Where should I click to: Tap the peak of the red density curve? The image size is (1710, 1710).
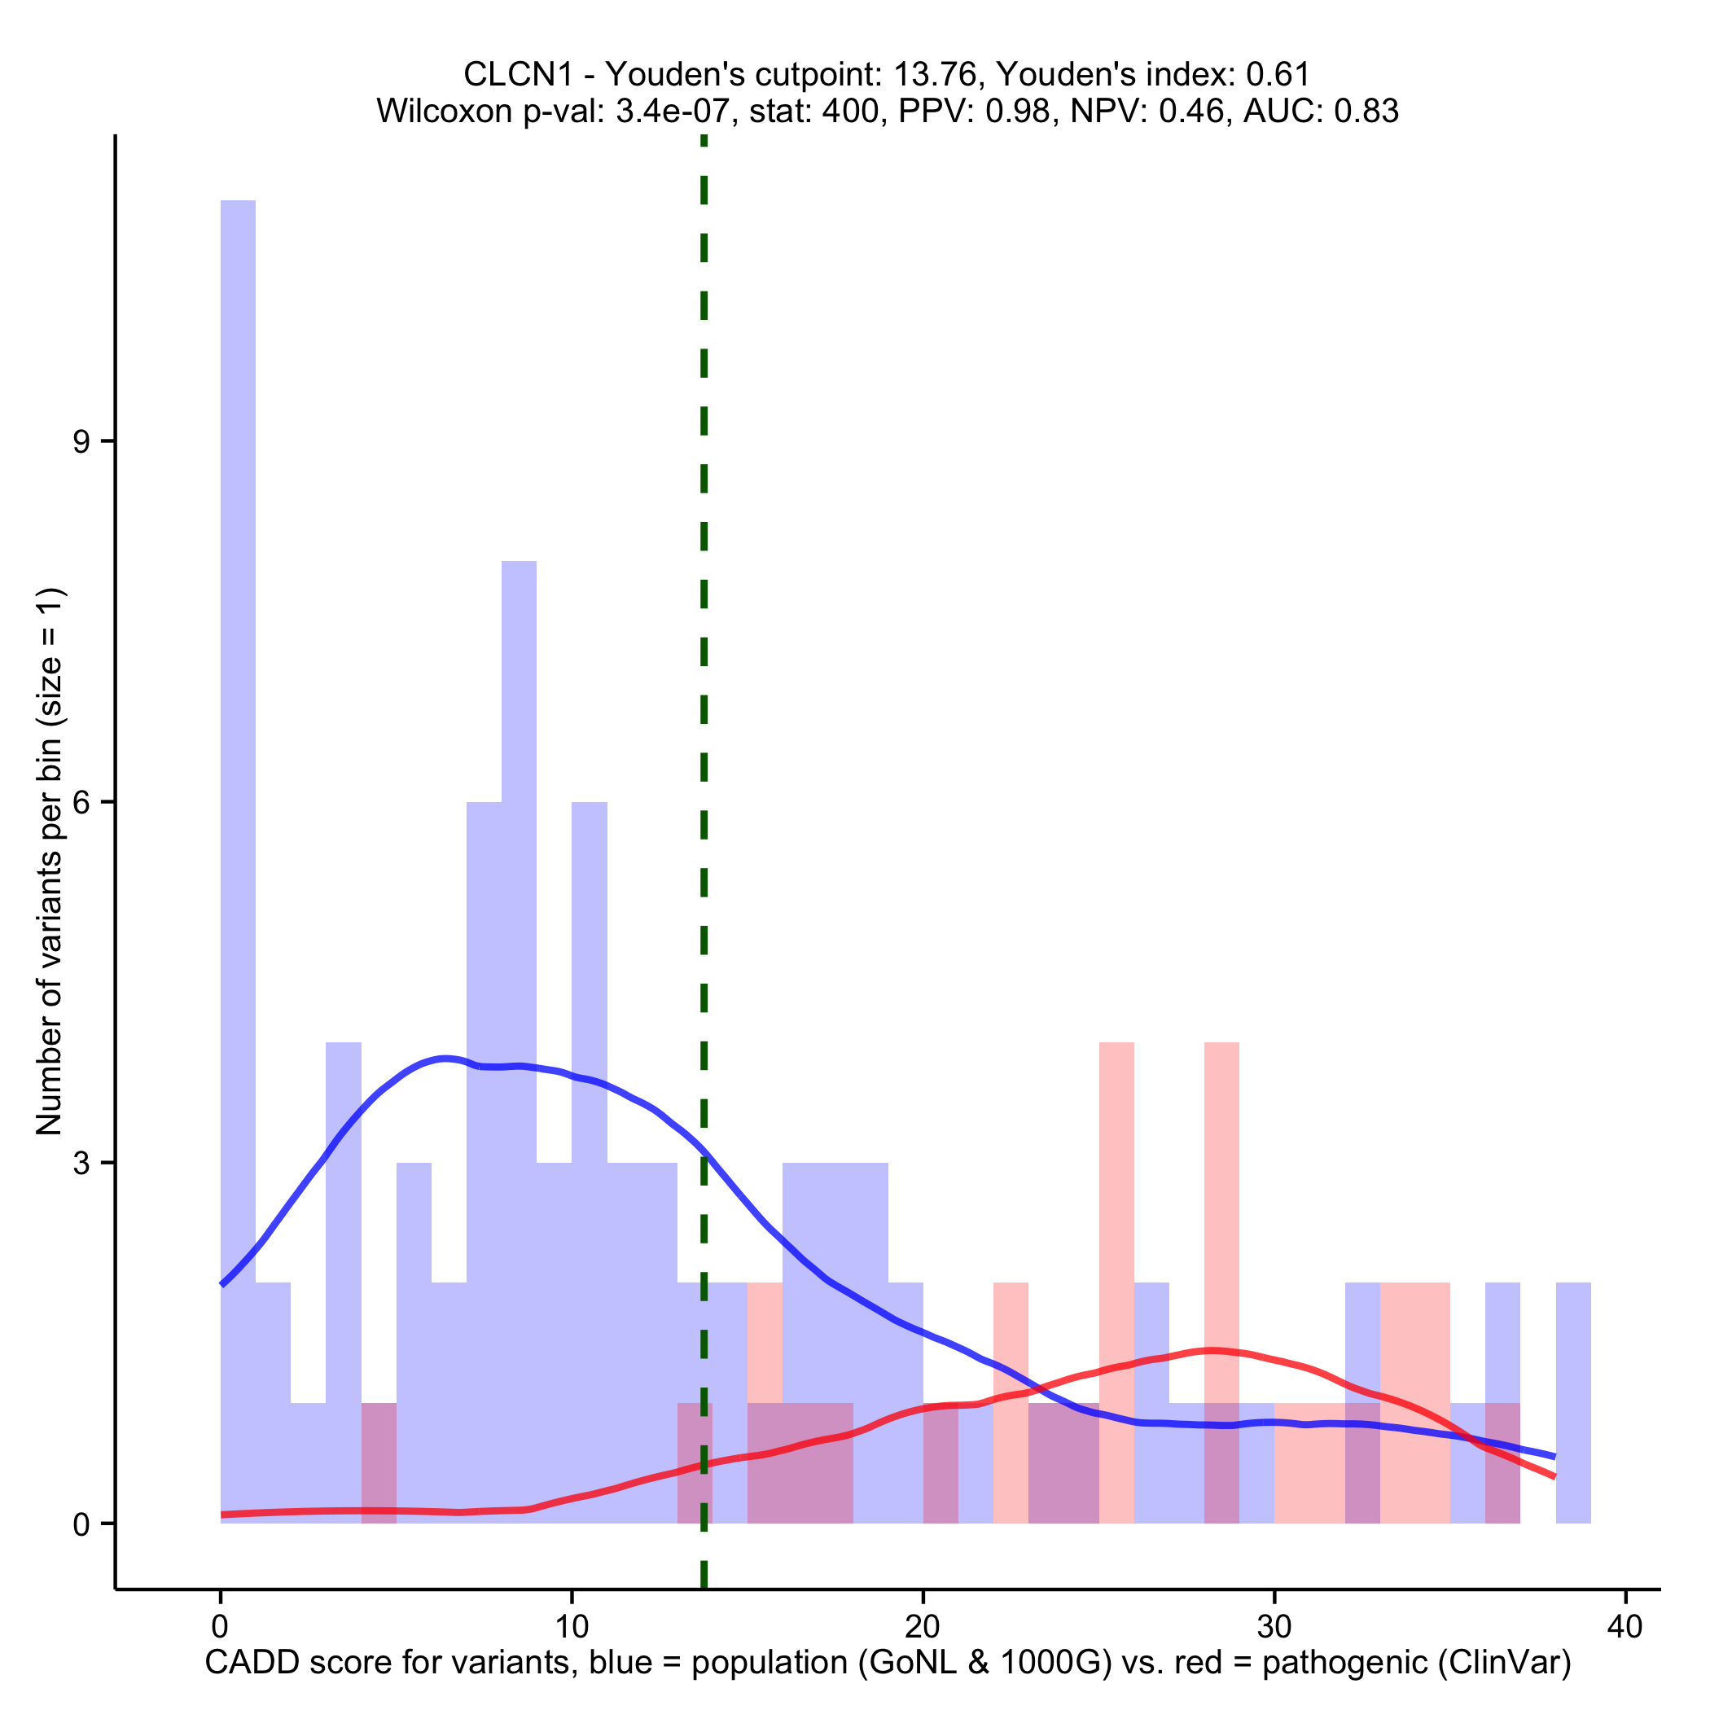pos(1212,1350)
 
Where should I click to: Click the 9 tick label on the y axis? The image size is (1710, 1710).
pos(82,441)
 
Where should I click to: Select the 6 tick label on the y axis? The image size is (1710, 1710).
pos(82,802)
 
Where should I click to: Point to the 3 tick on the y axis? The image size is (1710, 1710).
pos(82,1162)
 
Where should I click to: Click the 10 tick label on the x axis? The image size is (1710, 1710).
pos(572,1627)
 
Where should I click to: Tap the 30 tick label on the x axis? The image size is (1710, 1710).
pos(1274,1627)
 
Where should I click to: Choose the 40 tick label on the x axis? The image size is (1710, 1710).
pos(1625,1627)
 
